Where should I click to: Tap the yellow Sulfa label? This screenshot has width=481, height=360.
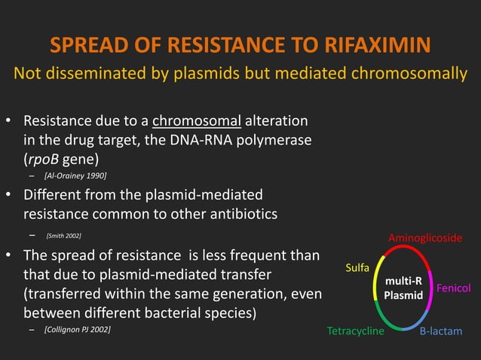coord(357,267)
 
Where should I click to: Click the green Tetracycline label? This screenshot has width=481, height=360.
coord(355,331)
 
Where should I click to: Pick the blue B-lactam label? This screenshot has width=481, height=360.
coord(441,331)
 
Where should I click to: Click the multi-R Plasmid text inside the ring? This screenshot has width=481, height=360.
coord(403,288)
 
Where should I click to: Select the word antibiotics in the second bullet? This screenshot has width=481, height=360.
coord(237,214)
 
